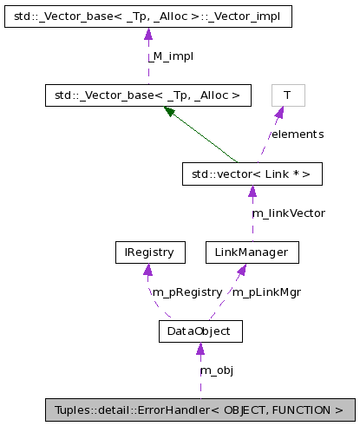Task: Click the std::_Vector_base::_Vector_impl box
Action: coord(147,16)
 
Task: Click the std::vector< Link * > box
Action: coord(252,174)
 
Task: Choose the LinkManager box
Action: coord(252,252)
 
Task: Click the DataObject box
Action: coord(200,331)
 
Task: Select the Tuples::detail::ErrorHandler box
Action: coord(199,410)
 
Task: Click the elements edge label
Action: coord(297,134)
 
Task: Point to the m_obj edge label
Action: coord(217,370)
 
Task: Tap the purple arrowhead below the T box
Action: coord(279,113)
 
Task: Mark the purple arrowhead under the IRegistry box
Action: coord(148,270)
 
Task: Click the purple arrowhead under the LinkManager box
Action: coord(242,270)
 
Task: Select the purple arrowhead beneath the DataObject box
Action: coord(200,349)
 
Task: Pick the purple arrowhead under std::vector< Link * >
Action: coord(252,192)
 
